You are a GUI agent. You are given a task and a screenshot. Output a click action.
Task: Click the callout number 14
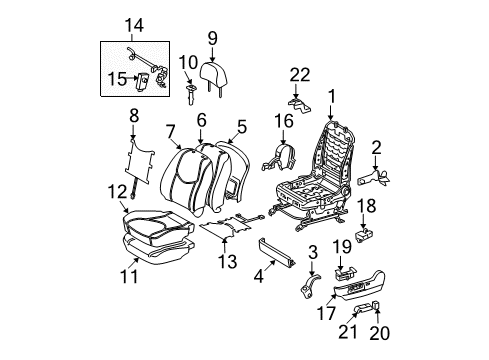(134, 25)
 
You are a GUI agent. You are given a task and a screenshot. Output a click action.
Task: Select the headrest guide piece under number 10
(191, 94)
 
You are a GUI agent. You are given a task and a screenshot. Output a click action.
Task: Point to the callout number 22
(300, 75)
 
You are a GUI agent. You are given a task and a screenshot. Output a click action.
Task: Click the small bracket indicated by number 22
(299, 104)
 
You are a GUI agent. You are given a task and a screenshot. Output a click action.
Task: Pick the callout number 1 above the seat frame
(332, 97)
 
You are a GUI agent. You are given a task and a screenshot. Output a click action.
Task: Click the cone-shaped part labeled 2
(374, 177)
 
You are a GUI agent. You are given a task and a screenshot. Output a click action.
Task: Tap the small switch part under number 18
(364, 235)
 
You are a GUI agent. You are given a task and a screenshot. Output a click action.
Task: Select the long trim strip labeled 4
(276, 252)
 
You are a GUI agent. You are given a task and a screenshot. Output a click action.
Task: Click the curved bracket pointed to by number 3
(310, 285)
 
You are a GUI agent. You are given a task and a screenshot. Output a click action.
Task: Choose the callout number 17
(326, 313)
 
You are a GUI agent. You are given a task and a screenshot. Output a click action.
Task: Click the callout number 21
(348, 332)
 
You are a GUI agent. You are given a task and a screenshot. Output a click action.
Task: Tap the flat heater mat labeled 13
(227, 226)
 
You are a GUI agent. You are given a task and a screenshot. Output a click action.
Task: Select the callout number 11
(129, 276)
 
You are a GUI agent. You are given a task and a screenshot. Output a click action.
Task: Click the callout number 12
(117, 192)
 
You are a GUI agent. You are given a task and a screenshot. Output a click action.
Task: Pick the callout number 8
(134, 116)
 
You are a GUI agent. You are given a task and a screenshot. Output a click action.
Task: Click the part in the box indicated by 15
(143, 81)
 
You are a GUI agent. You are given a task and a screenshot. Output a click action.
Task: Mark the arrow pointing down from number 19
(340, 263)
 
